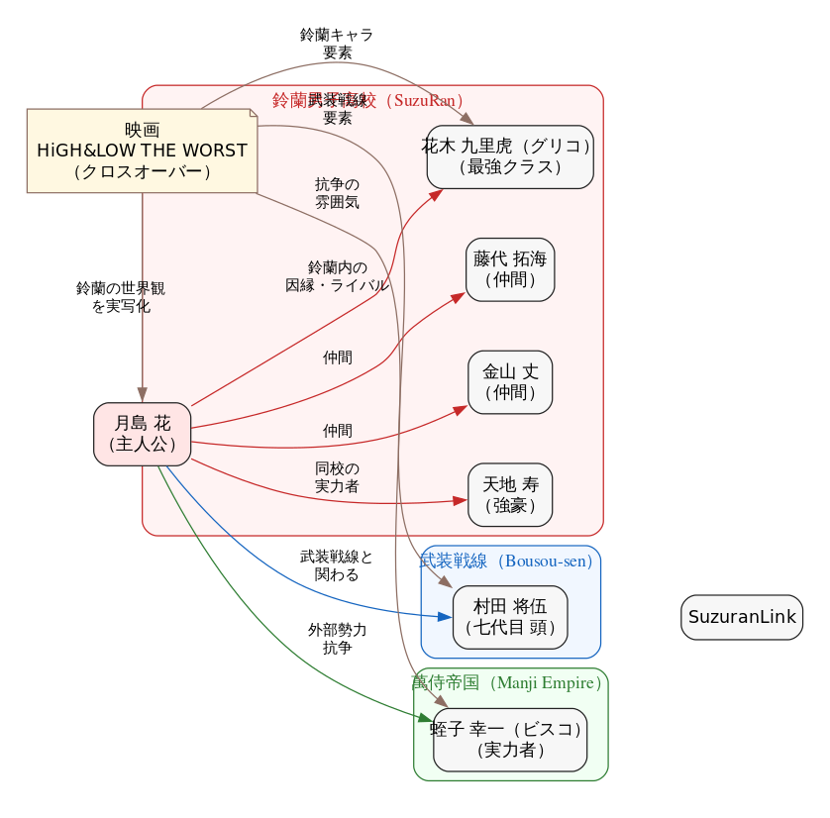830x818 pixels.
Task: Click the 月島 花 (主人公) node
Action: [142, 434]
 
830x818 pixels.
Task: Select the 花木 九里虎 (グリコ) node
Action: [510, 156]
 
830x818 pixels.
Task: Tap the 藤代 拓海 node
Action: [510, 269]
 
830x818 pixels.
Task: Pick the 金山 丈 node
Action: [510, 382]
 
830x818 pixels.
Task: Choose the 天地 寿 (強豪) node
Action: [510, 495]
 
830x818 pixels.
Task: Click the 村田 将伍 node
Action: [510, 616]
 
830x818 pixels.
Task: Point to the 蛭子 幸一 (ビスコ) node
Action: [510, 740]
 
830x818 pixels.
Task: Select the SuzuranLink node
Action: [742, 617]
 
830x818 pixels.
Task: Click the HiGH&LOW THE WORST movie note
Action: [142, 151]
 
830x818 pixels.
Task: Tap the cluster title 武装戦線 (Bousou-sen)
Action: [506, 562]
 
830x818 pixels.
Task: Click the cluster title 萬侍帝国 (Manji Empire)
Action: [507, 682]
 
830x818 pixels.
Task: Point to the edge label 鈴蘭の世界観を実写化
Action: [120, 297]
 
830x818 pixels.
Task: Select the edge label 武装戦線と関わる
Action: [337, 564]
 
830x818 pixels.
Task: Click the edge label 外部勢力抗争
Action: [337, 639]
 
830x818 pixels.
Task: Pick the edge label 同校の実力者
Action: [337, 477]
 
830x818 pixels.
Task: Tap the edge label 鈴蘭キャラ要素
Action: [337, 43]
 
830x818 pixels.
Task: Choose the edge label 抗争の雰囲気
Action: [337, 193]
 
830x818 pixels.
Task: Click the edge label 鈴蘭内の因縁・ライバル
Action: [337, 276]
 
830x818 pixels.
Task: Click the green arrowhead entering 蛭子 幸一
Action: [426, 718]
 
